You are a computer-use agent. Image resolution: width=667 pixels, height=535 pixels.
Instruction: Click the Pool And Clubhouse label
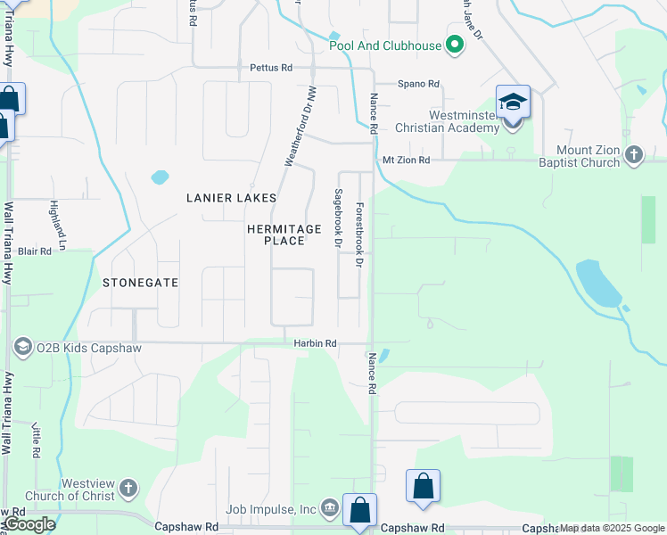[385, 46]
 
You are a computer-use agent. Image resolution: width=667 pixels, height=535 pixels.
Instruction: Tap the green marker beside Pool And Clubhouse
[455, 45]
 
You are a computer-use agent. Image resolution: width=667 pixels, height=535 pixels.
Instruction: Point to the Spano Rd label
[419, 84]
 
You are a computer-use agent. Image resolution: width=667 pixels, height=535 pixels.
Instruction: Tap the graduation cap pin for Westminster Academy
[513, 103]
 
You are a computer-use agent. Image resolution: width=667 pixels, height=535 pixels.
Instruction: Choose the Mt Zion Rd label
[406, 160]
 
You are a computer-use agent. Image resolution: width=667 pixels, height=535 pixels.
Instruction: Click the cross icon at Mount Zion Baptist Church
[634, 155]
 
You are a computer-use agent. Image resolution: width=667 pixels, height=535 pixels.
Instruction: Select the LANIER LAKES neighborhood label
[231, 198]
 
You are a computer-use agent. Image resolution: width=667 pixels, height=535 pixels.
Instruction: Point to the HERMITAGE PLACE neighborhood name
[284, 235]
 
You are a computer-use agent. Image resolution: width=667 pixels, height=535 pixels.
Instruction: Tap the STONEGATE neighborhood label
[141, 283]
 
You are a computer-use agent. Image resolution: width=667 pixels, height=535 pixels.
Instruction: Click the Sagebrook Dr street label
[338, 217]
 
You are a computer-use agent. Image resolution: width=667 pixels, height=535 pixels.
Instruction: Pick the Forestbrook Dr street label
[358, 235]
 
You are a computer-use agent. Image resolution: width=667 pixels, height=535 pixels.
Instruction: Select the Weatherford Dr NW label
[301, 126]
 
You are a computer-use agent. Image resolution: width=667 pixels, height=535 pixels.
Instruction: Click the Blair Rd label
[35, 251]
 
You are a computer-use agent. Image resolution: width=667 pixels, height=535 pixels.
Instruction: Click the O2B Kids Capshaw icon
[22, 347]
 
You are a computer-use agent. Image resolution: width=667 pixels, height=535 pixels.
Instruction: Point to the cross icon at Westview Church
[129, 488]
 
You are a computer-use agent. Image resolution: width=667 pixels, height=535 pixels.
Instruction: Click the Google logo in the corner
[29, 524]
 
